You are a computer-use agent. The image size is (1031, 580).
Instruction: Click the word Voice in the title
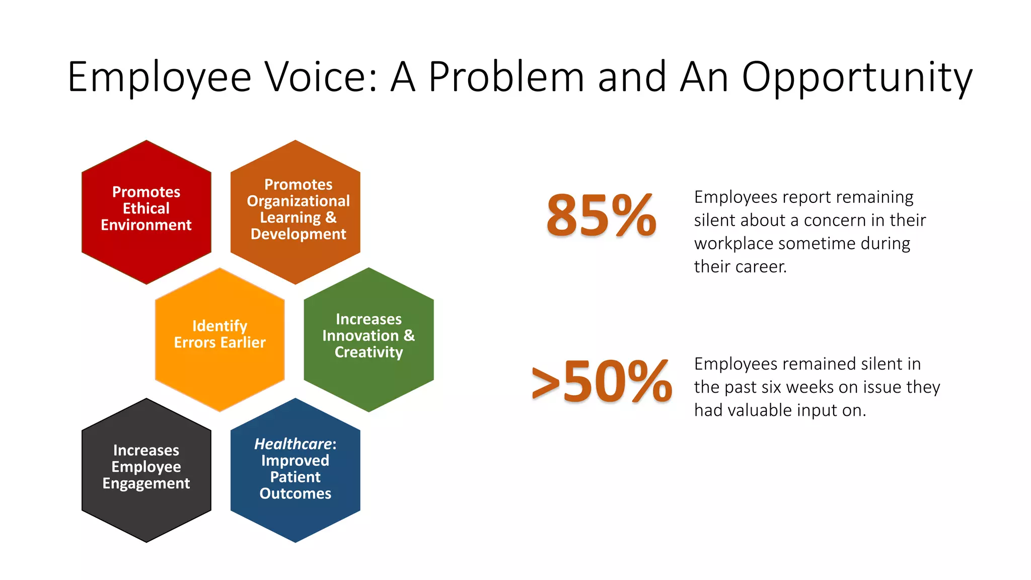click(x=321, y=77)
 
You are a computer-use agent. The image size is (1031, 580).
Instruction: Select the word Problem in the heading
click(x=506, y=77)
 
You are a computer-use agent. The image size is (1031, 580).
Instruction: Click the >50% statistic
click(x=602, y=382)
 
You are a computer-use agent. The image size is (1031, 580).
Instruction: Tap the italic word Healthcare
click(x=293, y=444)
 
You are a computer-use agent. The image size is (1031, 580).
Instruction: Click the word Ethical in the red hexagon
click(x=146, y=208)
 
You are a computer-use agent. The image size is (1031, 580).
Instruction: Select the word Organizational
click(x=298, y=201)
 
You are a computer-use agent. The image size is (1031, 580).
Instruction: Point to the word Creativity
click(x=369, y=352)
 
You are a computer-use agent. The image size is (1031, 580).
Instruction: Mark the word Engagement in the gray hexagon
click(x=146, y=483)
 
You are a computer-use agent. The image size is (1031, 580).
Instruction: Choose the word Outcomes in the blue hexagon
click(x=296, y=493)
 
